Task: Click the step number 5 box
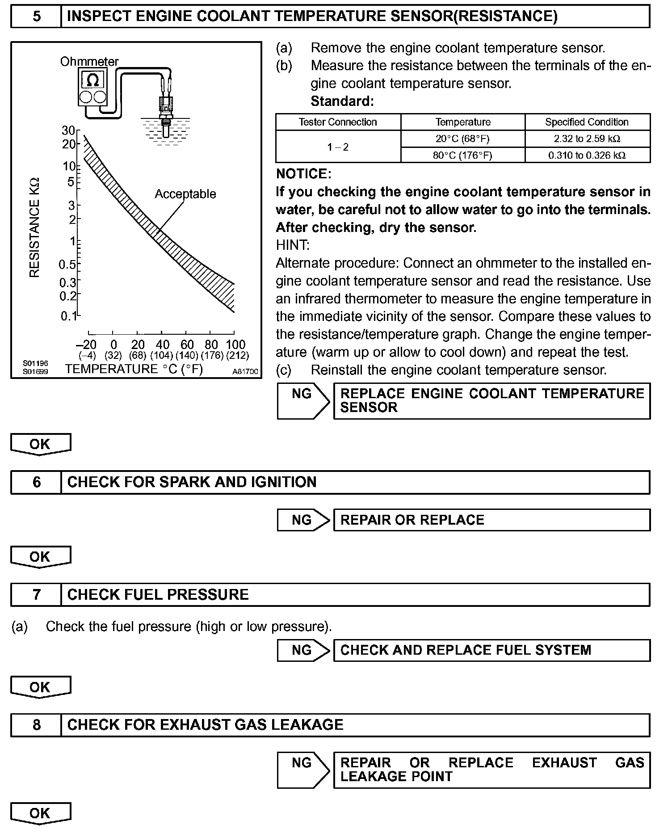(x=36, y=17)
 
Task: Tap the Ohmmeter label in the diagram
(x=89, y=62)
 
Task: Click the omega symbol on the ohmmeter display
(x=92, y=80)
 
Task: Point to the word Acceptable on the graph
(x=185, y=194)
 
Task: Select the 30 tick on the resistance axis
(x=68, y=130)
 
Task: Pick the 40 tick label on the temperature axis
(x=163, y=345)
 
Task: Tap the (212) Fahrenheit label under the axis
(x=237, y=356)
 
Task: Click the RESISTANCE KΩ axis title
(x=35, y=227)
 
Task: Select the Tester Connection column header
(x=338, y=122)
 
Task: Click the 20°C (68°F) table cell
(x=462, y=139)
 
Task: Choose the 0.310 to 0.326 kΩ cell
(x=587, y=155)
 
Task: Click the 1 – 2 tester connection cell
(x=338, y=147)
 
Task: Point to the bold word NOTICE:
(x=304, y=174)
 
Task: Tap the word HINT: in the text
(x=293, y=245)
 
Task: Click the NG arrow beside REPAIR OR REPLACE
(x=303, y=520)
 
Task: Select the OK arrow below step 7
(x=40, y=687)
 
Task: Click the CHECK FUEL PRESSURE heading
(x=158, y=594)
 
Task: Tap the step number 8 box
(x=36, y=724)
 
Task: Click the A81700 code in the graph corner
(x=245, y=371)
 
